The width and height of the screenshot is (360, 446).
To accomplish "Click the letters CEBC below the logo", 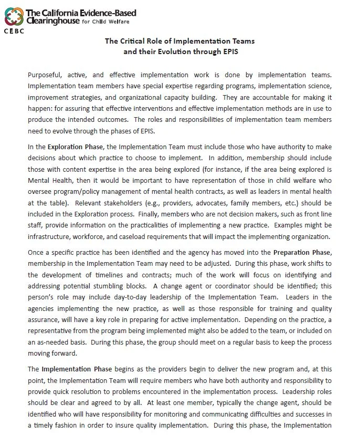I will [13, 30].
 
